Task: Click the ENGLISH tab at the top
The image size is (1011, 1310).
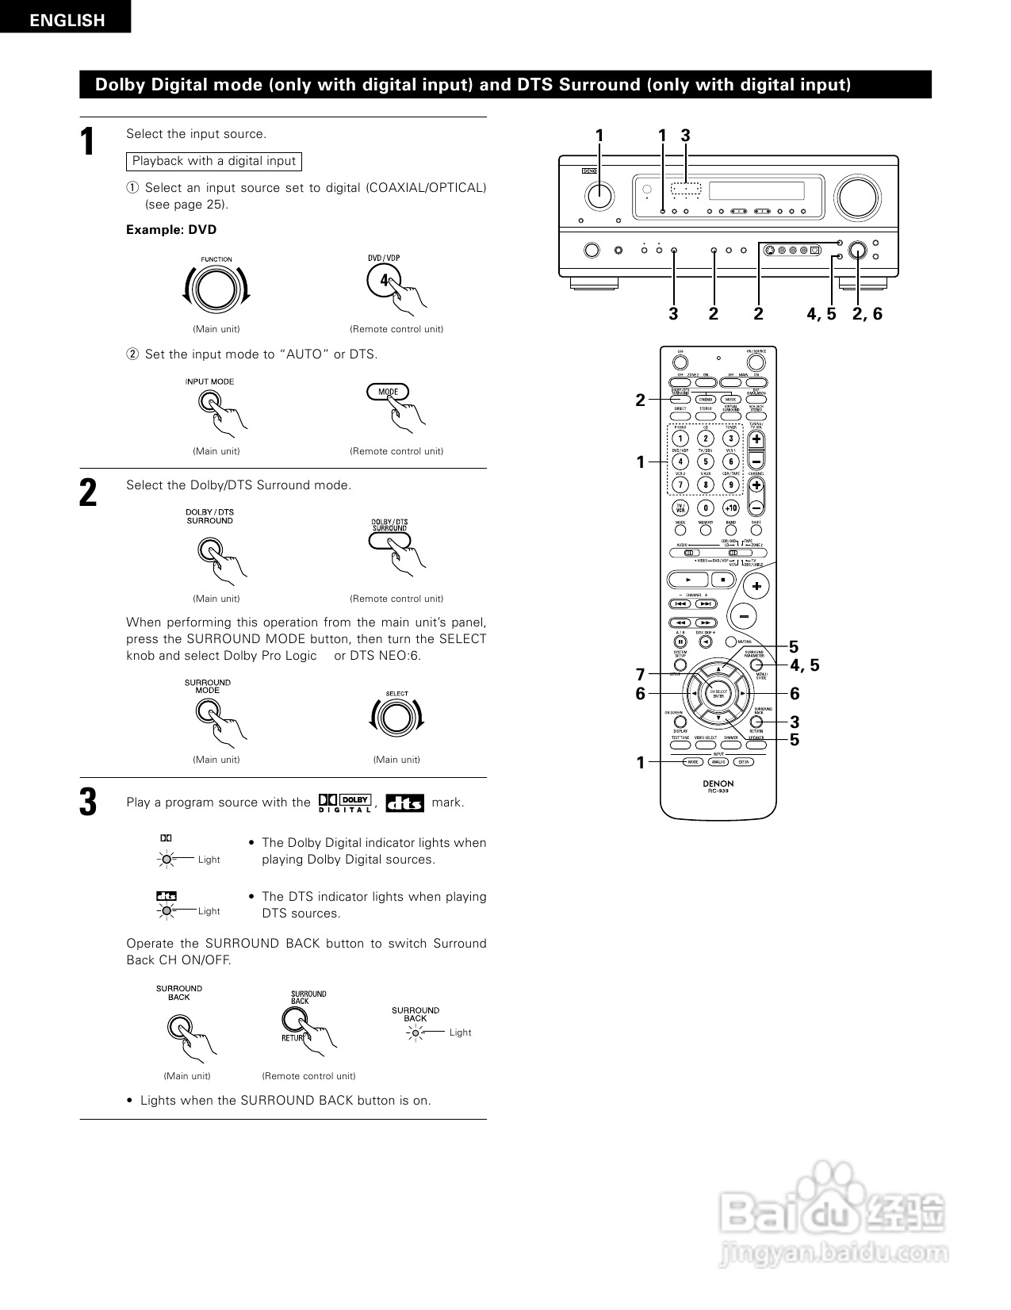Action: (x=66, y=19)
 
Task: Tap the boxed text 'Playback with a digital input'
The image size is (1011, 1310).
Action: (x=214, y=161)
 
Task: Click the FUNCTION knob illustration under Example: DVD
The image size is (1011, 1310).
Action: (x=216, y=289)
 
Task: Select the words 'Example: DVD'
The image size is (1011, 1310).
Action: (x=171, y=230)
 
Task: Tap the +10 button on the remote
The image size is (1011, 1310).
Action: (x=730, y=508)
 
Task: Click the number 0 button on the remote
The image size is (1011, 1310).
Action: (x=705, y=508)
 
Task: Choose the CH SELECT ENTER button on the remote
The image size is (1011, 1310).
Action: (x=718, y=694)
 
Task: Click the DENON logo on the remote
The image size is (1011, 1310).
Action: (x=718, y=783)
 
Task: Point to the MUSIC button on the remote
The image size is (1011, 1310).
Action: (x=730, y=400)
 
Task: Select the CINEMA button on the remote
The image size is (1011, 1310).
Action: (x=705, y=400)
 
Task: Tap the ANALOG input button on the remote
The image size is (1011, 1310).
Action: (x=718, y=762)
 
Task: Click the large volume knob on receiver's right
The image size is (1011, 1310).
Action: (x=857, y=197)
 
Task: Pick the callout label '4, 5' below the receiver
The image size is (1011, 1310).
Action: (x=821, y=314)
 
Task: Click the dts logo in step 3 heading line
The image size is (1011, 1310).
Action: (x=404, y=803)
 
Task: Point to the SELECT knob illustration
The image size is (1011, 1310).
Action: (x=396, y=718)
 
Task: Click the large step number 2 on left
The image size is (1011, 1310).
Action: (x=88, y=493)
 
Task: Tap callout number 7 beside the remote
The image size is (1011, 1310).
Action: (x=641, y=675)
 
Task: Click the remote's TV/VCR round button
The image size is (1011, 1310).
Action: (x=680, y=508)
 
